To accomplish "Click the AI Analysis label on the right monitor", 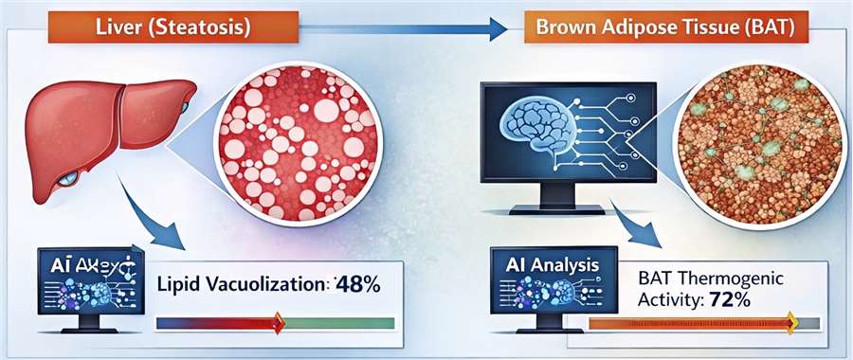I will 546,267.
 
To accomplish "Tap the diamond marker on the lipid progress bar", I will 278,322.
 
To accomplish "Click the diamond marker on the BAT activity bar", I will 792,325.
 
